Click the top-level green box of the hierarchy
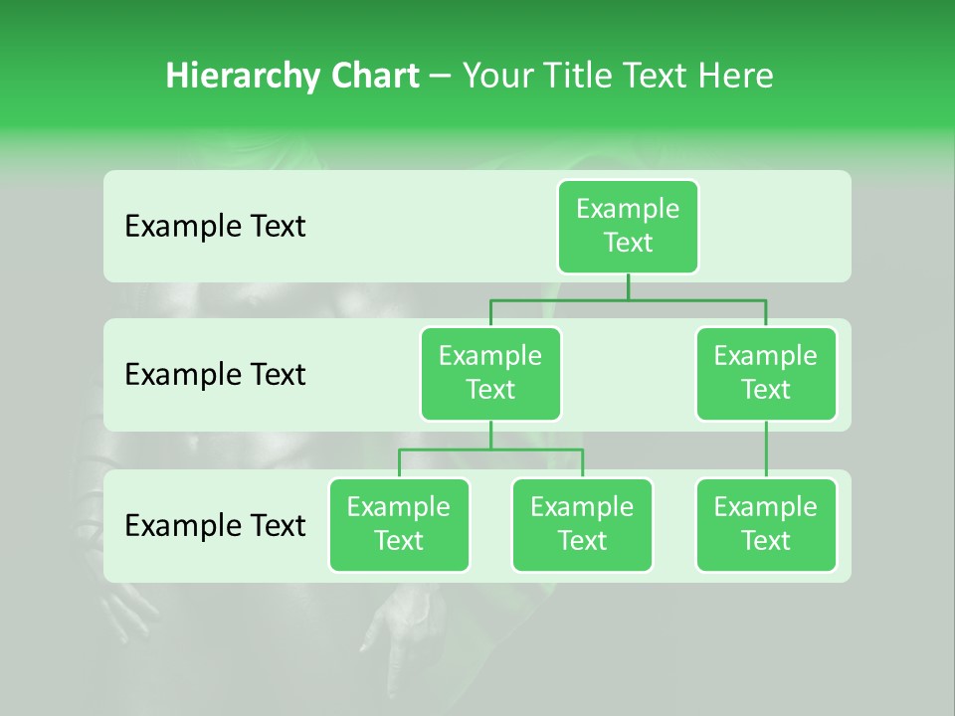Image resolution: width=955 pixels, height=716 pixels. [628, 226]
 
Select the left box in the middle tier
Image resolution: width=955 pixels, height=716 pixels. [490, 373]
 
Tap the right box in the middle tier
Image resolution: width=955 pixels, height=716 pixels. [766, 373]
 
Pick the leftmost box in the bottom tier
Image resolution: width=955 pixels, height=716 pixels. [399, 524]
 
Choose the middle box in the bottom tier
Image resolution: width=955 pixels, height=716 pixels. [582, 524]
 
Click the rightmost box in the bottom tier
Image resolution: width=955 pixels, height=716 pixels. [766, 524]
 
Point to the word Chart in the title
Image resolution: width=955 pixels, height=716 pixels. [375, 77]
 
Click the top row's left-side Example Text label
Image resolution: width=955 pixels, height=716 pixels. [215, 227]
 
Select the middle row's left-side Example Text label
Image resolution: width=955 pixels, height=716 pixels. [215, 375]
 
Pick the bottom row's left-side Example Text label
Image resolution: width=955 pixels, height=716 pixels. [215, 525]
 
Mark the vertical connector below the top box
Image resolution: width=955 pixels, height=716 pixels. [628, 286]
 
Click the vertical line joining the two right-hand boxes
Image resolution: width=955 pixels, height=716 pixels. [766, 448]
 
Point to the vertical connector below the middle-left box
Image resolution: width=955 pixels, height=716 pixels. [490, 435]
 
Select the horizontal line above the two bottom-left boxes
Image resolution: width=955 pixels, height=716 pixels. [448, 449]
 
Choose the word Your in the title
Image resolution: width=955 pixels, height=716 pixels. [497, 77]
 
